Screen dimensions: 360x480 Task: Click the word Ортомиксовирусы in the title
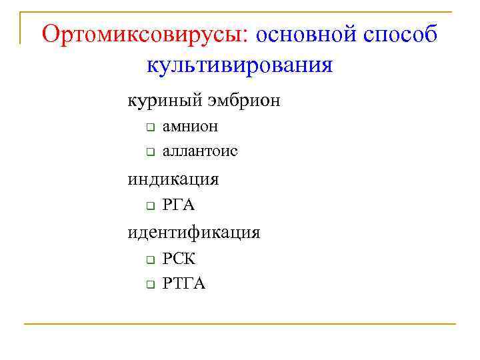click(144, 35)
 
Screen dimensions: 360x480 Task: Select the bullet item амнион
click(190, 126)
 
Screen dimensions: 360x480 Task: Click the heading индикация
click(173, 179)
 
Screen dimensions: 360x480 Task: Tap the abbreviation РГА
click(179, 205)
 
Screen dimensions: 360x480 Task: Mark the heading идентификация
click(194, 233)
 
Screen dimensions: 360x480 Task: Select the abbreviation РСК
click(179, 259)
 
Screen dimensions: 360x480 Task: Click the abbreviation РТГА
click(184, 284)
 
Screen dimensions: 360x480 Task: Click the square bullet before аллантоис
click(150, 153)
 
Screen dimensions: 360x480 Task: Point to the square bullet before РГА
click(150, 206)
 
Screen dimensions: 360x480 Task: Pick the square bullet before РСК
click(150, 259)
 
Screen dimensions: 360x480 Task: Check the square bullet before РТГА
click(150, 285)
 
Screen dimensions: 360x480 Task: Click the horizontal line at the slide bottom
click(240, 324)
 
